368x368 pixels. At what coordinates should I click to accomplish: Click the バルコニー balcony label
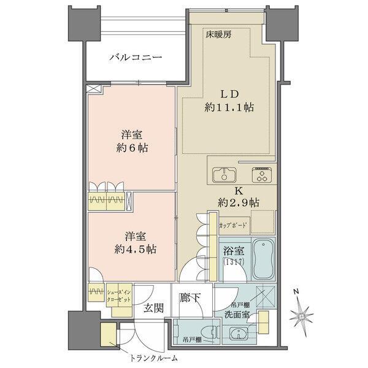tap(136, 58)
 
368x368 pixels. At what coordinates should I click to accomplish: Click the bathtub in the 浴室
tap(264, 259)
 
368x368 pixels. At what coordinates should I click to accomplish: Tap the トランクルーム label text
tap(154, 359)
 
